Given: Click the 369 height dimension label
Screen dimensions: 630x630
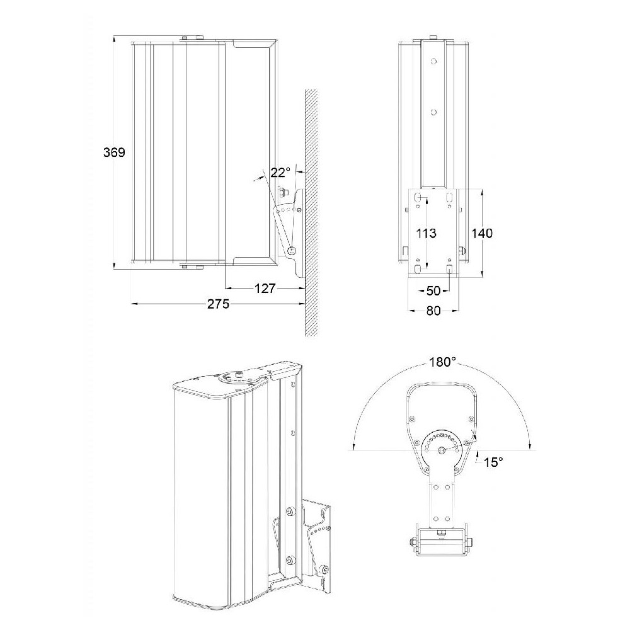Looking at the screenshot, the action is pyautogui.click(x=115, y=152).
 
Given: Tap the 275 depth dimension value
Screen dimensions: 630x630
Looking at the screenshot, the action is pyautogui.click(x=218, y=304).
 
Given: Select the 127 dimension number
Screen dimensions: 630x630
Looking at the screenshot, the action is pyautogui.click(x=265, y=288).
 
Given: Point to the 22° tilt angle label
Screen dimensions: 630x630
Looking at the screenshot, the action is pyautogui.click(x=280, y=173).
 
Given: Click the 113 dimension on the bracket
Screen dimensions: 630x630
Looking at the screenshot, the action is pyautogui.click(x=426, y=233).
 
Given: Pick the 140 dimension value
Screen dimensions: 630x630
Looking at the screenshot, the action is pyautogui.click(x=482, y=233).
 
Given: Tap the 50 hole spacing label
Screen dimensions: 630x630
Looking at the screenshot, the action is pyautogui.click(x=433, y=290).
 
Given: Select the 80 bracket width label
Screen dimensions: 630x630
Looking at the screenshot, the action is pyautogui.click(x=433, y=311).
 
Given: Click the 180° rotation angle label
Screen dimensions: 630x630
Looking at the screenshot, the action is pyautogui.click(x=443, y=362).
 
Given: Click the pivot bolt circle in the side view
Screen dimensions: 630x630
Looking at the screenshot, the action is pyautogui.click(x=292, y=251).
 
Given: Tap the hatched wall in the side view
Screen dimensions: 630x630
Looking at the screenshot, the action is pyautogui.click(x=311, y=213).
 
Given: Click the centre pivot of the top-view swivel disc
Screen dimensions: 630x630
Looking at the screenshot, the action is pyautogui.click(x=442, y=450).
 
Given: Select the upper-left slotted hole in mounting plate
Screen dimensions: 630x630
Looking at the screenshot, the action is pyautogui.click(x=418, y=197).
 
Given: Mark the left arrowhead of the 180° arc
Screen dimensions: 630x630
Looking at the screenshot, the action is pyautogui.click(x=353, y=447).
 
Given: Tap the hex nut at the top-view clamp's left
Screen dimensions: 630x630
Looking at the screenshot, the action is pyautogui.click(x=413, y=542).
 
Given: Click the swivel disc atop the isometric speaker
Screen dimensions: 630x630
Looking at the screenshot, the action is pyautogui.click(x=236, y=377).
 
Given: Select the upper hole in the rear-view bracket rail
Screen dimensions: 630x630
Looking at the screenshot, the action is pyautogui.click(x=433, y=62).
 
